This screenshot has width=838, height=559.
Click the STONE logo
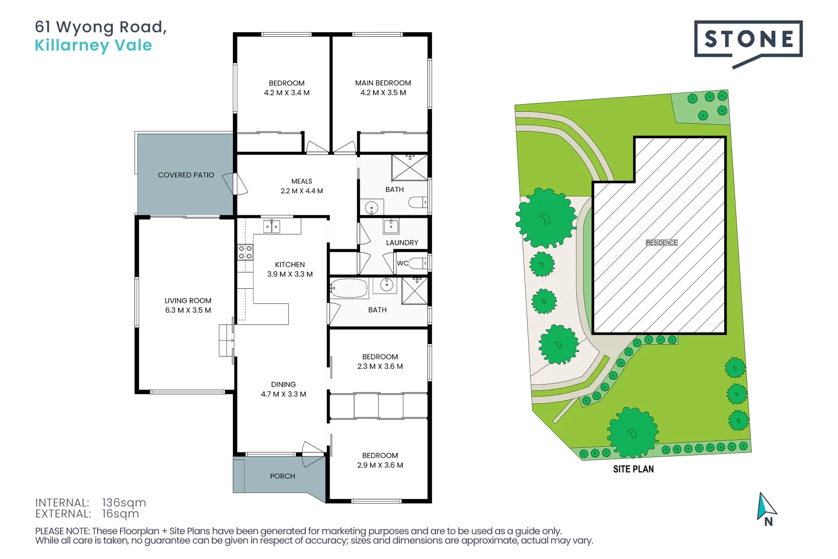(747, 39)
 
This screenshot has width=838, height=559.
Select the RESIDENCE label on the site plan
(661, 243)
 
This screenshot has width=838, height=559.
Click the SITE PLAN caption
(633, 469)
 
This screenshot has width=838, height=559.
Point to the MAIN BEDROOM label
(383, 83)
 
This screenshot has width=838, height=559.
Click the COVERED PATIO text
(186, 175)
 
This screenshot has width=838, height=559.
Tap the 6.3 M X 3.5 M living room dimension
(188, 310)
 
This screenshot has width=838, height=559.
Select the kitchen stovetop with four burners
(245, 253)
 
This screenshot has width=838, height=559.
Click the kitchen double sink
(272, 226)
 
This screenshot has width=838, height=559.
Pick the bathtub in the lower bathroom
(349, 288)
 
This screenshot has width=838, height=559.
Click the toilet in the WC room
(418, 263)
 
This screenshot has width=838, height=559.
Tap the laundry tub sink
(391, 226)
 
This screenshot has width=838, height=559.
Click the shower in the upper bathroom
(410, 167)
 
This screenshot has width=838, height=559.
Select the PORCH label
(282, 476)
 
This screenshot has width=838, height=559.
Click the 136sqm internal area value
(124, 503)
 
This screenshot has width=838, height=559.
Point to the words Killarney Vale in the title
(93, 46)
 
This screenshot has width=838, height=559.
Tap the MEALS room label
(302, 181)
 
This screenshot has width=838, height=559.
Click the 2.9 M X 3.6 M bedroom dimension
(380, 465)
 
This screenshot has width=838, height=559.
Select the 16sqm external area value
(121, 514)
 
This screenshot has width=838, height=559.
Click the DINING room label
(283, 384)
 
